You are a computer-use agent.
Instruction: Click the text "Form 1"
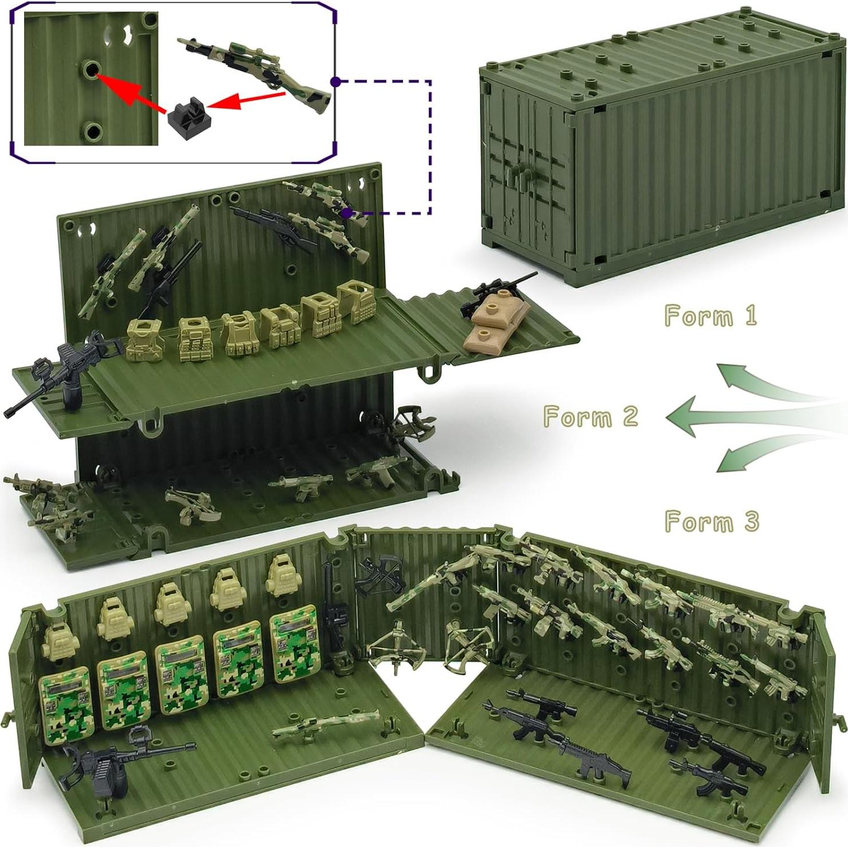point(710,316)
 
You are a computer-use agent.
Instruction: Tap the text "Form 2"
point(591,416)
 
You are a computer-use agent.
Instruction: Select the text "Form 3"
point(712,522)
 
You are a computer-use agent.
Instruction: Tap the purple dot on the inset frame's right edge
point(336,82)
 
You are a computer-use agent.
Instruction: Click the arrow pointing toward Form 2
point(745,416)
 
